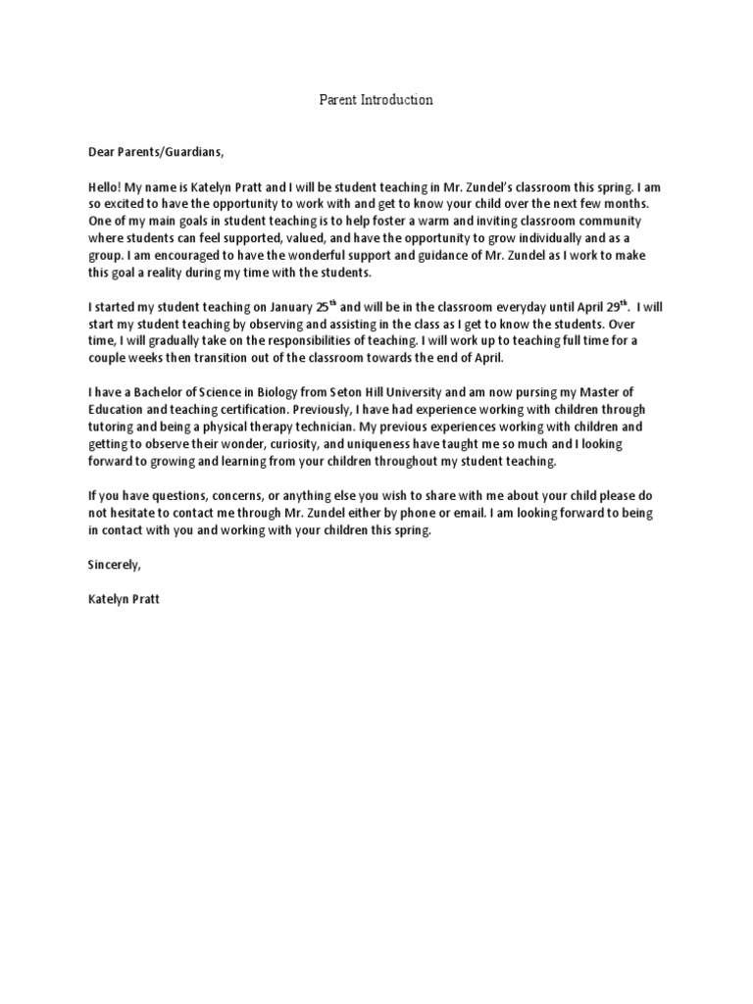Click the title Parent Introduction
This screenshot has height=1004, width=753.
coord(376,100)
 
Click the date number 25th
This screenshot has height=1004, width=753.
coord(322,306)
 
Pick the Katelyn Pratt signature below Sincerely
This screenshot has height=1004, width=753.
coord(123,599)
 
